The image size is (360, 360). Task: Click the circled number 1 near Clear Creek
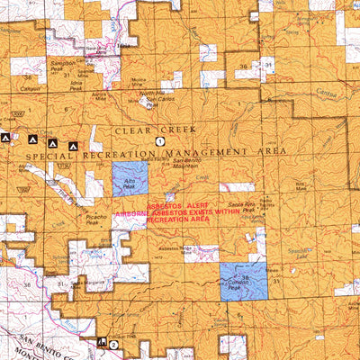[x=160, y=141]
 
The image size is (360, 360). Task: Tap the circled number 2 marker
[x=113, y=344]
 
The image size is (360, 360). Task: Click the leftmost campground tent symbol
[x=7, y=138]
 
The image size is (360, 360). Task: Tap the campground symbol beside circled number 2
[x=102, y=342]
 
